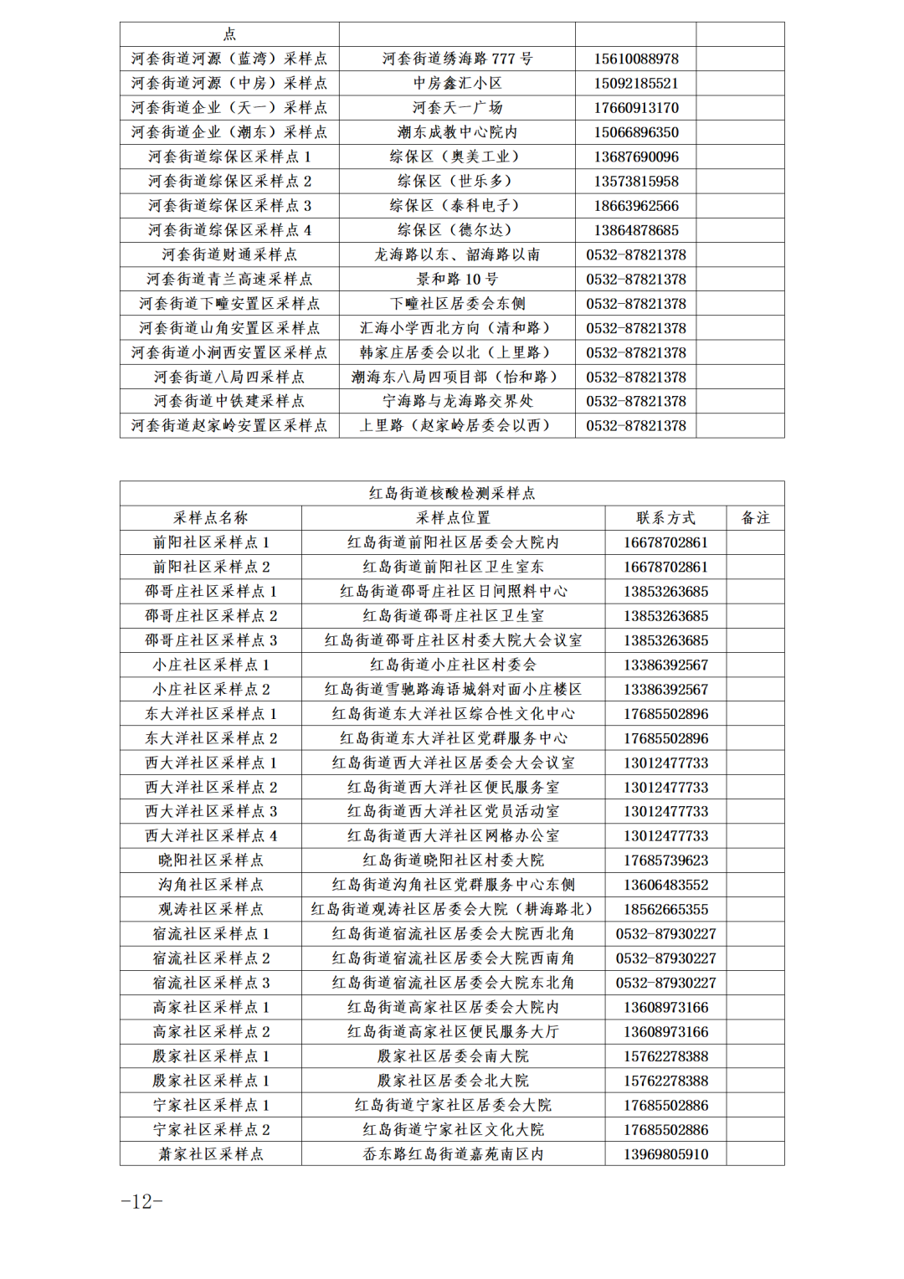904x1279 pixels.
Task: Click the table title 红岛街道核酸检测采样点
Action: (452, 493)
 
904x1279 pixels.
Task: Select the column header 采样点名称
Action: (211, 518)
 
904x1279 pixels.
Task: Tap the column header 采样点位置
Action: (453, 518)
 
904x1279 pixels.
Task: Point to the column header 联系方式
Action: (665, 518)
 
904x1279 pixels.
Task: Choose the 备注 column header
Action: (755, 518)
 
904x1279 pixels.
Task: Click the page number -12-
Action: (141, 1201)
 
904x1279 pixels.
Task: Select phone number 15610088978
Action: (636, 59)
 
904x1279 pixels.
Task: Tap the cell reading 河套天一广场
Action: (457, 108)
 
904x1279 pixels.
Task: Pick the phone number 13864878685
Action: (636, 230)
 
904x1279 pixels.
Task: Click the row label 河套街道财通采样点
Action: (229, 254)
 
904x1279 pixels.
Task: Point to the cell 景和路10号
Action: (457, 279)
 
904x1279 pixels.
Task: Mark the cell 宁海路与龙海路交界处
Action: (457, 401)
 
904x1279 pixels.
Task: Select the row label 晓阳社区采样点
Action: (211, 860)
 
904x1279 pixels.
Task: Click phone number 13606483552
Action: (665, 885)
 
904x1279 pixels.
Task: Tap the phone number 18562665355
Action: (665, 909)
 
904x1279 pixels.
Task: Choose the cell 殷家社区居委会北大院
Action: (453, 1081)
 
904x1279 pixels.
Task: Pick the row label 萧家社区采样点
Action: (211, 1154)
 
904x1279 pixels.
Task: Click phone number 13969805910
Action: (665, 1154)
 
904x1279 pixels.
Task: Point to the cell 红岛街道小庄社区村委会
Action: (453, 665)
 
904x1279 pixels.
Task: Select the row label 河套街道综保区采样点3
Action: (229, 206)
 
